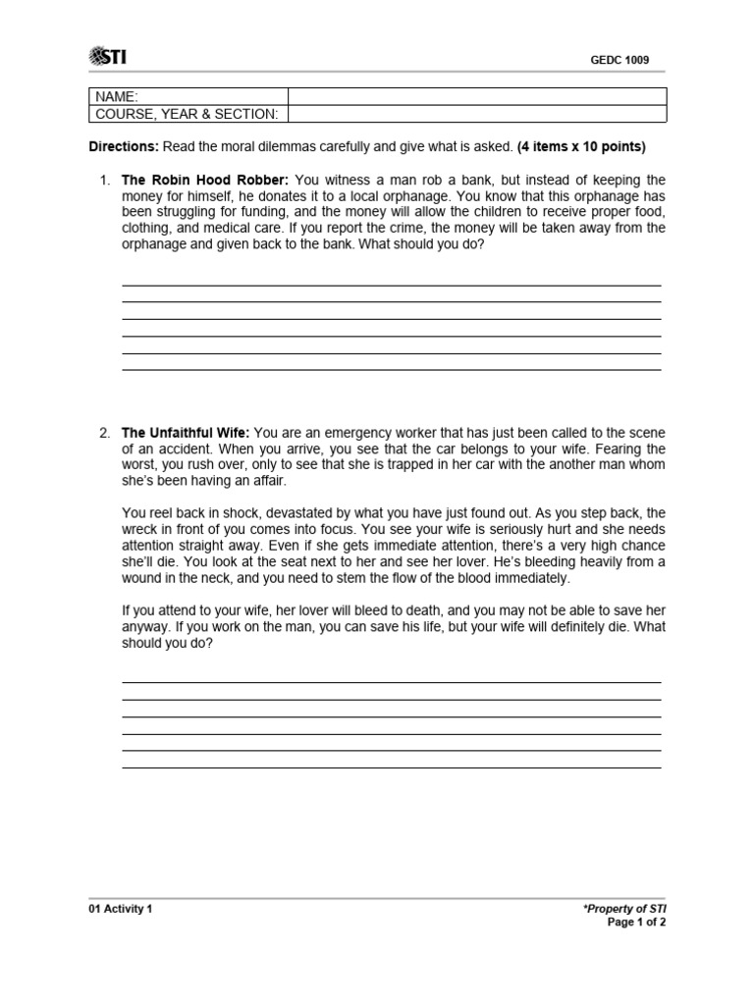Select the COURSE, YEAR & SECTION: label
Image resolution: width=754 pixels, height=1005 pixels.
tap(187, 114)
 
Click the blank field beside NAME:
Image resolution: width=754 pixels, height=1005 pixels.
tap(477, 96)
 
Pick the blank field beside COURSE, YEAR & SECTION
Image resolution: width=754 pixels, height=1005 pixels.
tap(477, 114)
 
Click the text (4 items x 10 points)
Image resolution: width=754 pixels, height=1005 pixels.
tap(581, 147)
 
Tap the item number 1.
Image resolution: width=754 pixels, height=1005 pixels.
tap(104, 181)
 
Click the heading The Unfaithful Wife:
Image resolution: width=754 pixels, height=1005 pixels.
tap(186, 433)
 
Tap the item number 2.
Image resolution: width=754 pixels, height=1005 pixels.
tap(104, 433)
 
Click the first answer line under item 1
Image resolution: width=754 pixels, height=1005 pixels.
tap(391, 285)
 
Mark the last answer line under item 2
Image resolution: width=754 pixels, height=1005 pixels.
tap(391, 767)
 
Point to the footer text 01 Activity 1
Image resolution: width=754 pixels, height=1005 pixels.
tap(121, 909)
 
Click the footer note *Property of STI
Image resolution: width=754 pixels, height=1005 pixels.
tap(624, 909)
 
